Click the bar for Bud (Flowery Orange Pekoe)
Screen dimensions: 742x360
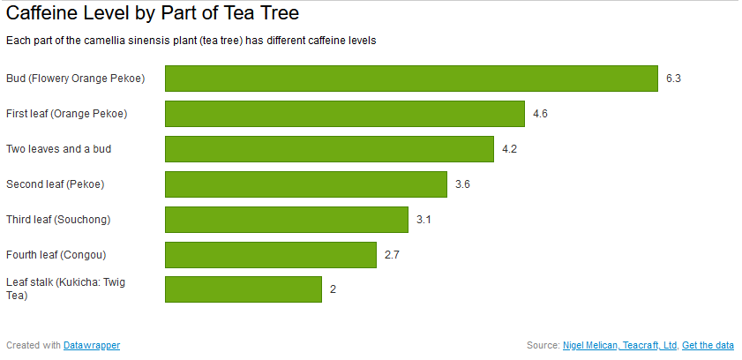[x=411, y=78]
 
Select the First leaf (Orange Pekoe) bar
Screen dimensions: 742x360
[x=345, y=114]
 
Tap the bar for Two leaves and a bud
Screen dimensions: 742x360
[x=329, y=149]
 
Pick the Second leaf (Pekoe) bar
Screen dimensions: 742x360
[x=306, y=184]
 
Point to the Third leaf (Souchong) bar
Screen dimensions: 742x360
[x=287, y=220]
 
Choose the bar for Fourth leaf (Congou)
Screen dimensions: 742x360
[x=271, y=255]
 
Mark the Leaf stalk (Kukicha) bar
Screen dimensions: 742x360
[x=244, y=289]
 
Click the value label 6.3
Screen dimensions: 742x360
[x=673, y=79]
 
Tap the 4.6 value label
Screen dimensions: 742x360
[x=541, y=114]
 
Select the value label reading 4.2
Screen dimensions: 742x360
[x=509, y=149]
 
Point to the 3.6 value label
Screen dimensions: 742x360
[x=462, y=184]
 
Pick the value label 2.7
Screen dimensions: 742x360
[x=392, y=255]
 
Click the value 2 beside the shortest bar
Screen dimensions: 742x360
[x=334, y=289]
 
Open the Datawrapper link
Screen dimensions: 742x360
[x=92, y=345]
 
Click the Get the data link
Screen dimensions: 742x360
[x=708, y=345]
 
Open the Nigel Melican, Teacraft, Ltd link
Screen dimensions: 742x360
[x=620, y=345]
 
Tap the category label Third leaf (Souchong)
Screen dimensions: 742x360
[x=58, y=220]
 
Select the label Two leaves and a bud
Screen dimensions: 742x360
[x=59, y=149]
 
